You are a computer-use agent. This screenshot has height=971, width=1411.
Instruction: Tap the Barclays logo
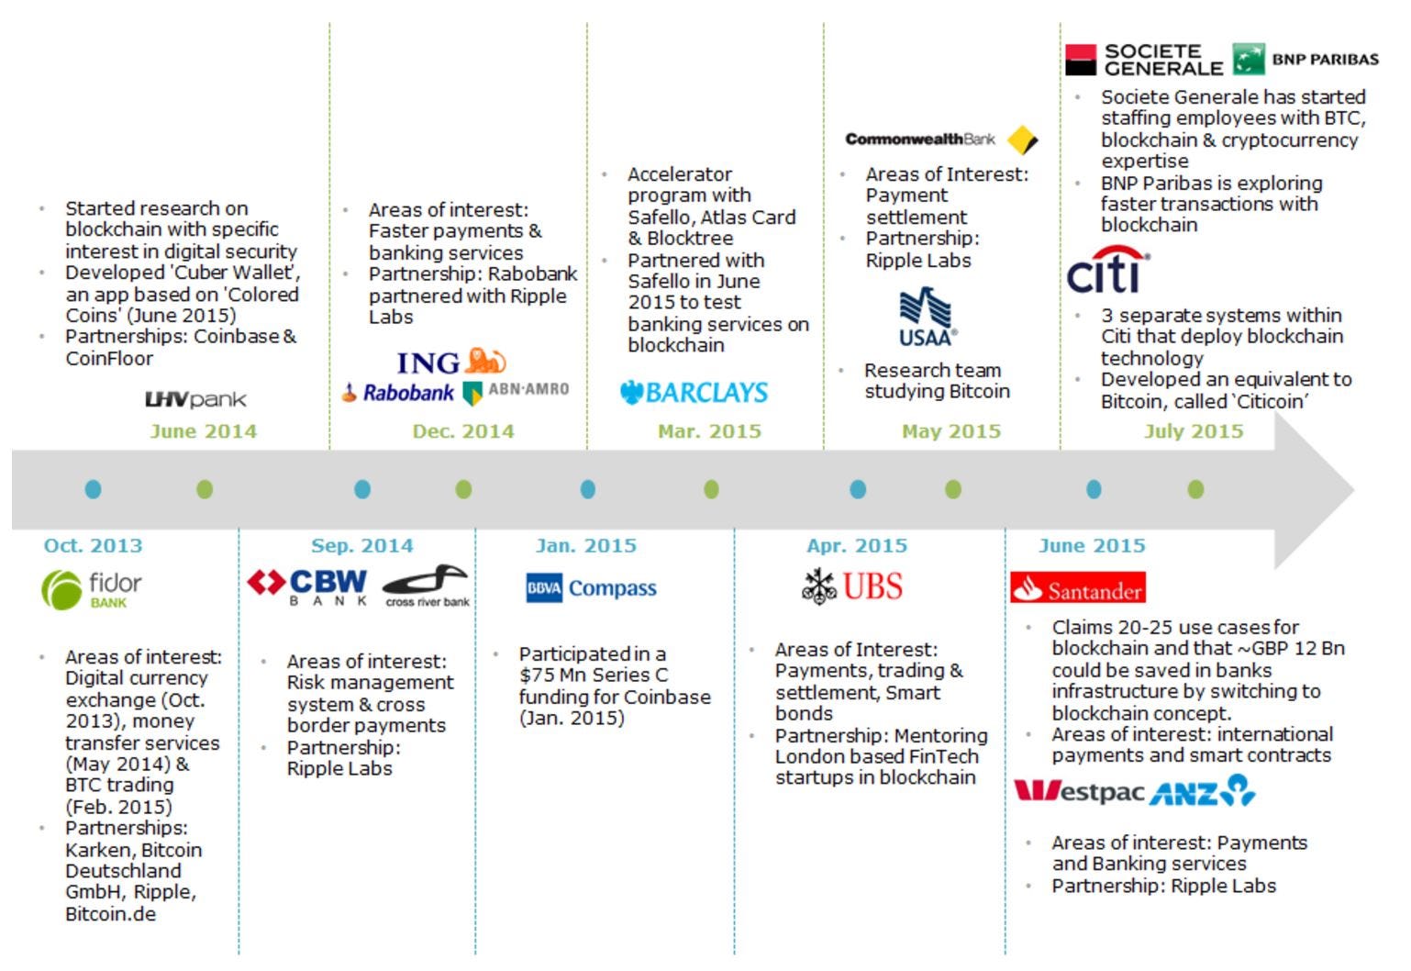694,393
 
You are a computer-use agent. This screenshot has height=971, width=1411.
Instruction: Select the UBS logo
852,586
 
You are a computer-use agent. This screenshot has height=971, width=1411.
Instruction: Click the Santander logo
1078,588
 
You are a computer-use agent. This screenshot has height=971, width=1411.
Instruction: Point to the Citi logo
1107,270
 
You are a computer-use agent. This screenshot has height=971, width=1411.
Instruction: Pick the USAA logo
928,318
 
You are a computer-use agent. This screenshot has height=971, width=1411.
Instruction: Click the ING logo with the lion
450,363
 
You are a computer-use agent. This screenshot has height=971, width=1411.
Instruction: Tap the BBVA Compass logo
592,588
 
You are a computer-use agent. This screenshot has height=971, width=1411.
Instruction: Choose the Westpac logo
1080,791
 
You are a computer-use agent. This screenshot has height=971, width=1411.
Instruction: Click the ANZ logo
1203,791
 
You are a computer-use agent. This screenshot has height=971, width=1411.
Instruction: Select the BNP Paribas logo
1305,60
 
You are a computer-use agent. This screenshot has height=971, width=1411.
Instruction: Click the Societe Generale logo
1144,61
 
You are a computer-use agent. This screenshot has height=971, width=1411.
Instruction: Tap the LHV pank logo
195,399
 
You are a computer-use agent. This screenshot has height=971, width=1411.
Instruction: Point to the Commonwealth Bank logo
941,140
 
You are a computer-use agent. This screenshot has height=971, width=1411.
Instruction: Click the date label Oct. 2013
94,546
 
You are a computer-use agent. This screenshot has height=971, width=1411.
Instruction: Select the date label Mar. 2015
709,431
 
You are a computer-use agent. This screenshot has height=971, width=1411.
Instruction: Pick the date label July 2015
1194,431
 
